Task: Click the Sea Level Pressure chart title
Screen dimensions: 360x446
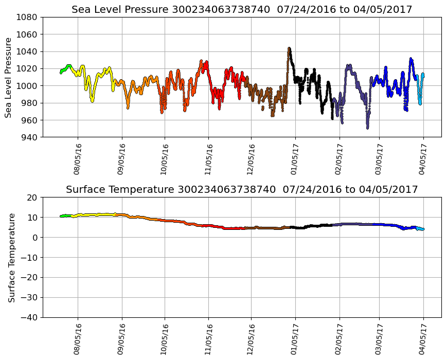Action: click(242, 9)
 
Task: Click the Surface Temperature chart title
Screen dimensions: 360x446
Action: click(242, 189)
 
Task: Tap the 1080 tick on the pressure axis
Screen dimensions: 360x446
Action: click(27, 17)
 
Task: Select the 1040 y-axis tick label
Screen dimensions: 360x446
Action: click(27, 51)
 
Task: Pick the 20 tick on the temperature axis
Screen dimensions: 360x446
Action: click(32, 197)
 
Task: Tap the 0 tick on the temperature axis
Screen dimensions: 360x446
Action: click(35, 238)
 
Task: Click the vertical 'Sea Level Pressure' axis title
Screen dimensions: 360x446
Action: click(9, 77)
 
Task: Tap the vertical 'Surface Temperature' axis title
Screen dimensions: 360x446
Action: click(11, 257)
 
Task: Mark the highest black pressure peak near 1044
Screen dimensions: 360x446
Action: click(289, 49)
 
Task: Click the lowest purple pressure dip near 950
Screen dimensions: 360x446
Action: click(367, 128)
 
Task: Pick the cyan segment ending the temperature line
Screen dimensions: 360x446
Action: click(421, 228)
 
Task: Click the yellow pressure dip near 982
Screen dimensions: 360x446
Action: click(92, 101)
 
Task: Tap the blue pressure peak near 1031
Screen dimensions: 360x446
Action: click(411, 59)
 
